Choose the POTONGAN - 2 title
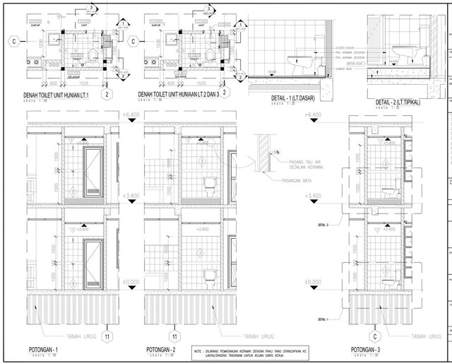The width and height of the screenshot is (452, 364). [x=161, y=350]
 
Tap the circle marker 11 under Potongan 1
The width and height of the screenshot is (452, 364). [x=107, y=336]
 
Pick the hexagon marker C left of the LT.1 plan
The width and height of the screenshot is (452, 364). [x=13, y=42]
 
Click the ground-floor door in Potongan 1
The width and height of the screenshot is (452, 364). [x=92, y=263]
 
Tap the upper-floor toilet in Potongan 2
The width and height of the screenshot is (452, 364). [x=209, y=186]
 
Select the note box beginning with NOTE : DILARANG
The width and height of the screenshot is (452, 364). [x=258, y=350]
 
